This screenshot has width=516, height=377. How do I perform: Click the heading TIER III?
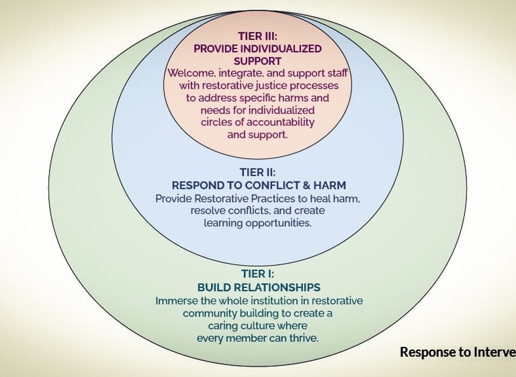point(257,36)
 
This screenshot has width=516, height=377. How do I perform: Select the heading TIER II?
point(257,172)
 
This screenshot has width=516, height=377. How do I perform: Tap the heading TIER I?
point(258,274)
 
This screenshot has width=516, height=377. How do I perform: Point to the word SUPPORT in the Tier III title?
point(257,60)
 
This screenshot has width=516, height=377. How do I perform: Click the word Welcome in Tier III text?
point(191,73)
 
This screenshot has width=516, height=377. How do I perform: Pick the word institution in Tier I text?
point(273,301)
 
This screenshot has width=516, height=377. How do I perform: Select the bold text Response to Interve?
point(457,352)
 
